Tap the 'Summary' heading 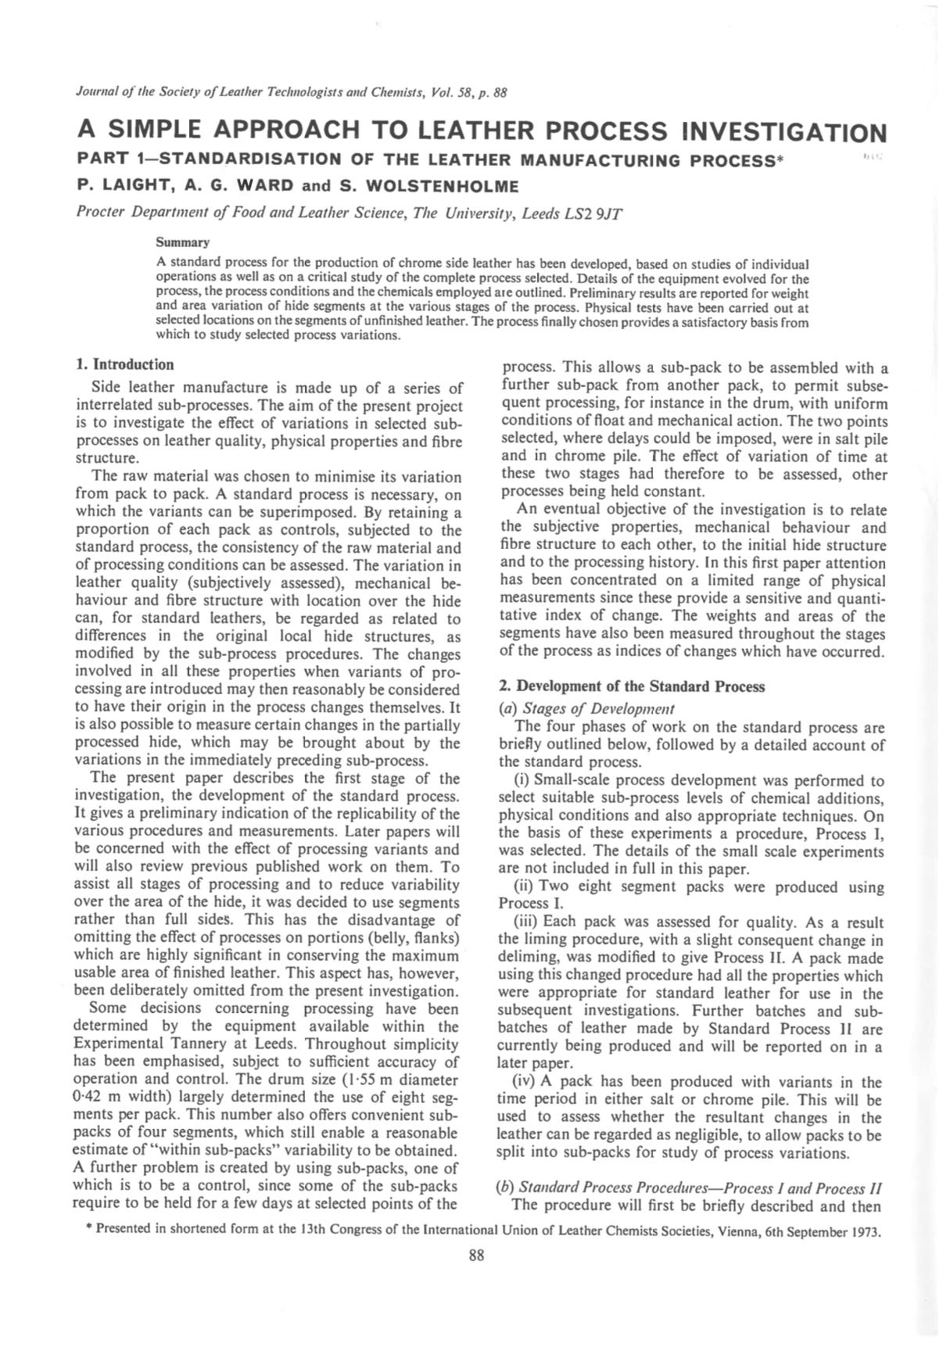pos(177,243)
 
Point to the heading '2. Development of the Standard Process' pos(632,686)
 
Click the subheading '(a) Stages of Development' pos(586,709)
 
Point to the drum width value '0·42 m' pos(98,1098)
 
